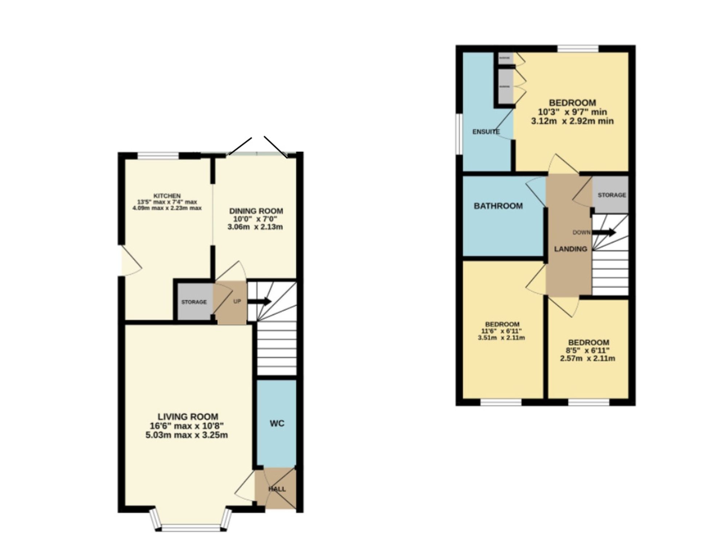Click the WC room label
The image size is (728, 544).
(277, 423)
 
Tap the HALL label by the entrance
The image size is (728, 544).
(277, 489)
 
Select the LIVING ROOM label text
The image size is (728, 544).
(188, 417)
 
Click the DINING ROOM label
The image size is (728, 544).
(256, 211)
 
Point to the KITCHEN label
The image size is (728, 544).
(167, 196)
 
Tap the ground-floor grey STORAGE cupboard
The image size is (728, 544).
(194, 302)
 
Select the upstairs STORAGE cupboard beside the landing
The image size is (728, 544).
(612, 195)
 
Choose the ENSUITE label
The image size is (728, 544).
(486, 132)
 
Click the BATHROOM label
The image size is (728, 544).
(498, 206)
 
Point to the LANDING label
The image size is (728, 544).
(570, 249)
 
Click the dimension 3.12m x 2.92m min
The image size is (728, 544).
(572, 121)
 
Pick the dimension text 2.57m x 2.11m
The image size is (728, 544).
(587, 358)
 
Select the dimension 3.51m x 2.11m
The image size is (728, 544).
(501, 338)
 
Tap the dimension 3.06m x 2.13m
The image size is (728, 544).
(255, 227)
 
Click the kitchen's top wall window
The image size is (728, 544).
(158, 155)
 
